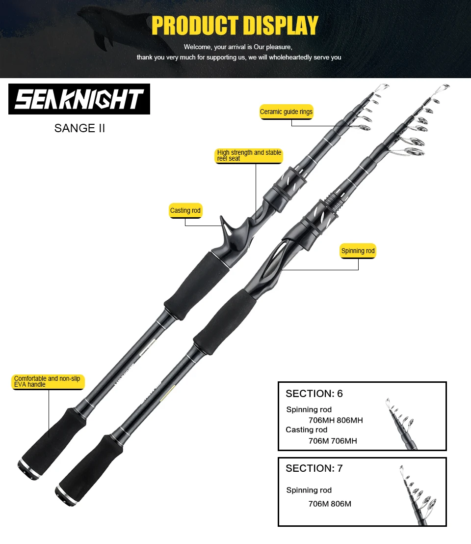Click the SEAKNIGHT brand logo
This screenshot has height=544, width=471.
point(79,99)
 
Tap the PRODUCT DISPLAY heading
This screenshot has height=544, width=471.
point(235,26)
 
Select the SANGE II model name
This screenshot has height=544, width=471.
point(79,128)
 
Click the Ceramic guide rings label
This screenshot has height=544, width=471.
point(287,112)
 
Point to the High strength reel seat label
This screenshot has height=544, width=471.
point(249,155)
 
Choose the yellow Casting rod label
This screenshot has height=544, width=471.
point(185,211)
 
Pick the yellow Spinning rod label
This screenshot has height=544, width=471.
point(358,251)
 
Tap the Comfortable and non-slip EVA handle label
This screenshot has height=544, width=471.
point(48,382)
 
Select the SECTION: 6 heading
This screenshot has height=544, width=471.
point(314,394)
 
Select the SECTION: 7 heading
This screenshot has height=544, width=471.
point(314,468)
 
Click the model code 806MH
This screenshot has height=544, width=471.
point(350,420)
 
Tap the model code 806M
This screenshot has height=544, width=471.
point(341,504)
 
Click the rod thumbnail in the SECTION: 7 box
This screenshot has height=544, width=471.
point(418,495)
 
